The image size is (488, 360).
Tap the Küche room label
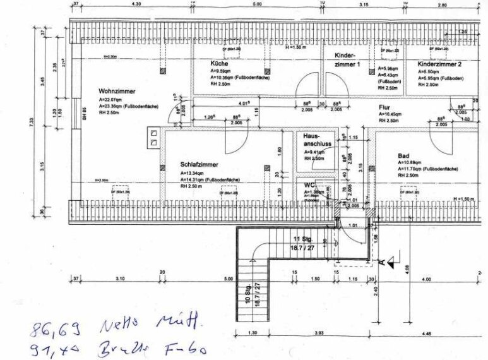219,64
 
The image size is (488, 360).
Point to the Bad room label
404,155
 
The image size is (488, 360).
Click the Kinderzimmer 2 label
439,64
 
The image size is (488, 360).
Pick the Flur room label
384,108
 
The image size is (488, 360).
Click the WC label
309,184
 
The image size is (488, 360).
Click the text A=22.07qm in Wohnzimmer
112,100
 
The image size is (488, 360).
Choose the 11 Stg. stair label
302,239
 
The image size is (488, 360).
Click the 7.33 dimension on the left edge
32,123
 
